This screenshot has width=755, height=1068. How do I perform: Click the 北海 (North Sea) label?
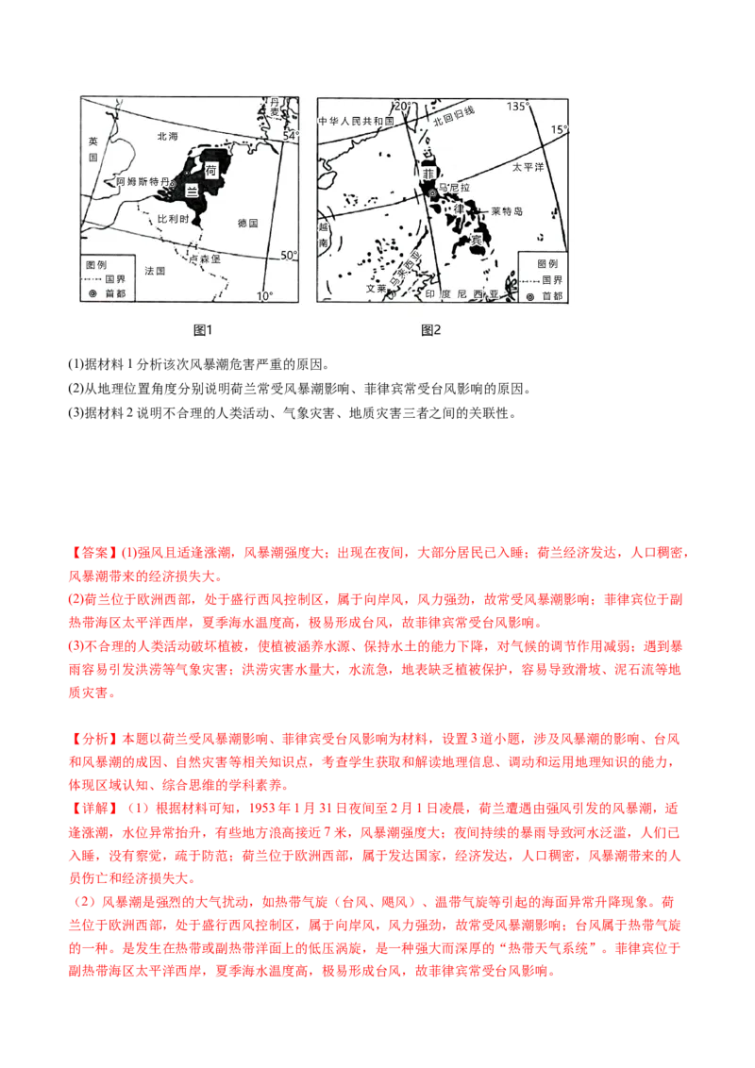point(167,136)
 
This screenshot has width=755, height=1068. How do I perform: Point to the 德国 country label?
point(248,223)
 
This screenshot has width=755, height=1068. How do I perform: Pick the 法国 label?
point(156,270)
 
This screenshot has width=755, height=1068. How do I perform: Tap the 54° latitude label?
point(289,136)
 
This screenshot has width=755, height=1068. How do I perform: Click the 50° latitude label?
point(289,255)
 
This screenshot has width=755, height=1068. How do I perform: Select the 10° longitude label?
point(263,295)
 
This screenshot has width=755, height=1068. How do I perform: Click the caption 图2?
point(431,329)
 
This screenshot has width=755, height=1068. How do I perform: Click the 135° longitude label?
point(516,107)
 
